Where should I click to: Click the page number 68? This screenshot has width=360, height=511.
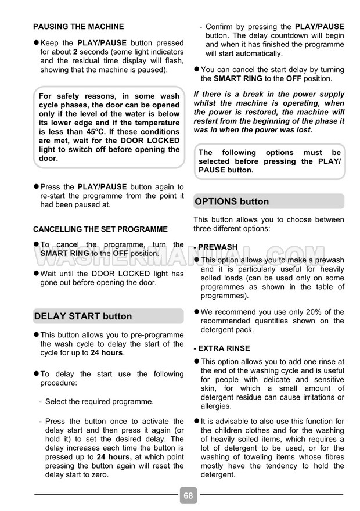[188, 495]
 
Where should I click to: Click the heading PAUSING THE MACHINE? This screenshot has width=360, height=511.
[78, 27]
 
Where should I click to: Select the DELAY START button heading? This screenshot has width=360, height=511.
[83, 316]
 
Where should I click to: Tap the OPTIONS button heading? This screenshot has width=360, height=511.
[232, 201]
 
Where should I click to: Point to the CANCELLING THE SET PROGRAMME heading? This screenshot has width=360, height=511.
[100, 229]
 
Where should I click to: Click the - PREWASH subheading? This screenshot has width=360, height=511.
[215, 247]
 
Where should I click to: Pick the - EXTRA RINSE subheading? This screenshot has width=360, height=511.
[222, 348]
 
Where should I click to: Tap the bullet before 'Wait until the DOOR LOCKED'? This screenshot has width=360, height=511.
[36, 274]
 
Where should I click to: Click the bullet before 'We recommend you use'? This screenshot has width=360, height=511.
[196, 312]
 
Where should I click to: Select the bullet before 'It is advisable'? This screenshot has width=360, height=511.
[196, 422]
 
